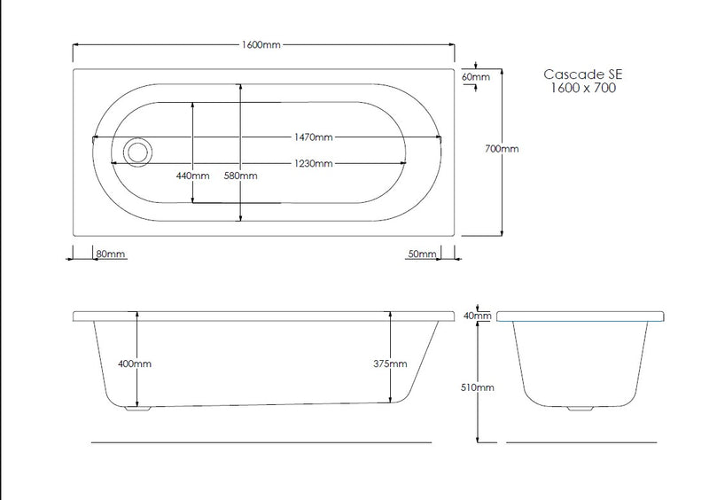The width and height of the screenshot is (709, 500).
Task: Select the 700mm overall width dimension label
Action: [502, 149]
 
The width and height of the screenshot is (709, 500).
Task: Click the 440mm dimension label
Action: [192, 176]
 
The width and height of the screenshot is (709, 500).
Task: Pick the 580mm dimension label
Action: [240, 176]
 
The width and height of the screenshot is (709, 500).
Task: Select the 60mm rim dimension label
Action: [476, 77]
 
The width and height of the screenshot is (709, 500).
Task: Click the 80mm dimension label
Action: [111, 254]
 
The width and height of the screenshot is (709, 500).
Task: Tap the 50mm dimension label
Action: [422, 254]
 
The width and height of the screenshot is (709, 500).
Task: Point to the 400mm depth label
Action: [136, 363]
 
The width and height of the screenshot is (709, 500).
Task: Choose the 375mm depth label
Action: [390, 363]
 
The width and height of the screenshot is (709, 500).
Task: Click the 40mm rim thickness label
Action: [478, 316]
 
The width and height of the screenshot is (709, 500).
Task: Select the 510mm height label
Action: [478, 387]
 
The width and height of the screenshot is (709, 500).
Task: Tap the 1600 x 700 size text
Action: [580, 89]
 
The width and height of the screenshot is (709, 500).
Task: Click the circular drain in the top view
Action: [137, 152]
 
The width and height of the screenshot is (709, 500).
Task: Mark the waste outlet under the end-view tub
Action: [581, 409]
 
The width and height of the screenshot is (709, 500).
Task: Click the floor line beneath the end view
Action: [581, 441]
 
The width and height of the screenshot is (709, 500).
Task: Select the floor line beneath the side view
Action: [261, 441]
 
